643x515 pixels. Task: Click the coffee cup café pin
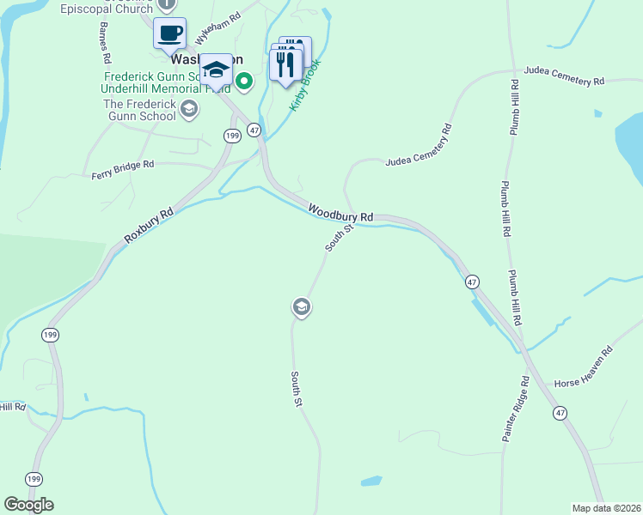[x=170, y=34]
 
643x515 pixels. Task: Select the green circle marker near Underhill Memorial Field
[x=244, y=82]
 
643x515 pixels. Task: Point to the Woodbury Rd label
[x=340, y=212]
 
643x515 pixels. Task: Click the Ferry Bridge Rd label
[x=123, y=169]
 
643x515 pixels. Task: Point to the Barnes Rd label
[x=106, y=42]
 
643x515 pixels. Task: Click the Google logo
[x=28, y=505]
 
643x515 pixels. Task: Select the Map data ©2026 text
[x=607, y=507]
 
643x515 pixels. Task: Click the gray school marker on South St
[x=301, y=306]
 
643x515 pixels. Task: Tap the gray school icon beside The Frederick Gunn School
[x=189, y=109]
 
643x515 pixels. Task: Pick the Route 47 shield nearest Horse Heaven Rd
[x=560, y=413]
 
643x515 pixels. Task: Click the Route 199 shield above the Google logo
[x=34, y=478]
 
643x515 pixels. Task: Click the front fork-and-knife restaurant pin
[x=285, y=65]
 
